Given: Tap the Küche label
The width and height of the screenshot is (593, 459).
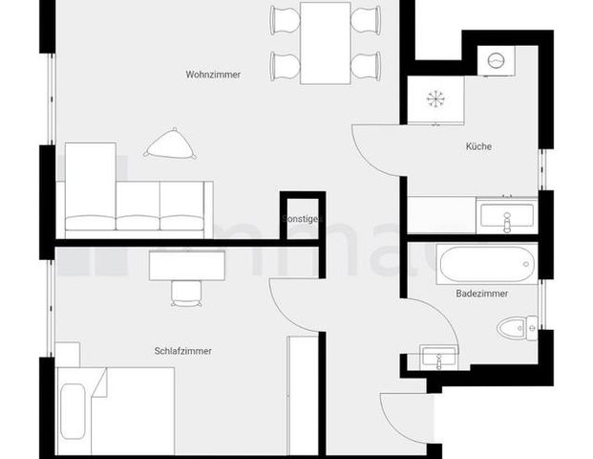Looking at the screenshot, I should click(x=478, y=146).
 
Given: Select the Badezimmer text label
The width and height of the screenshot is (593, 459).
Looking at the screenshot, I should click(x=481, y=294).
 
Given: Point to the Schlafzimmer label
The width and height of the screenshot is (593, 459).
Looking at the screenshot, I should click(x=182, y=351).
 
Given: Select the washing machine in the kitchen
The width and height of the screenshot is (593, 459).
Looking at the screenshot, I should click(x=496, y=60).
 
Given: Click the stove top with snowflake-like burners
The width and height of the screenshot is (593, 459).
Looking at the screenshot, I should click(x=435, y=98).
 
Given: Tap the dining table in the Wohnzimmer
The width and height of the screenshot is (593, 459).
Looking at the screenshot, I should click(x=326, y=42).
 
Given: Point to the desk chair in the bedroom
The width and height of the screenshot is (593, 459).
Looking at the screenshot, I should click(x=187, y=291).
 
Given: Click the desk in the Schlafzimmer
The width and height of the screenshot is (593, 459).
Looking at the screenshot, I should click(x=187, y=264).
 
